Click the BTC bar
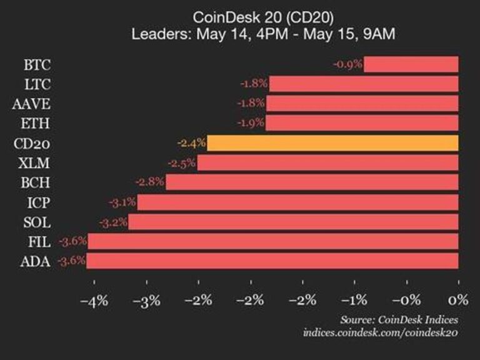point(411,64)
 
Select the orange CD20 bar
point(332,143)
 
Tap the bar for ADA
point(272,261)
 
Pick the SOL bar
point(293,222)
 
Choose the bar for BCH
point(312,182)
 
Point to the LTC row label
point(38,84)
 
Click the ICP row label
point(39,202)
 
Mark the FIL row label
point(39,241)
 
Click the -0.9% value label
point(348,64)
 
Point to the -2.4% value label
point(191,143)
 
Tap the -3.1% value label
point(122,202)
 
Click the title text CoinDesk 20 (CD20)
point(262,17)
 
